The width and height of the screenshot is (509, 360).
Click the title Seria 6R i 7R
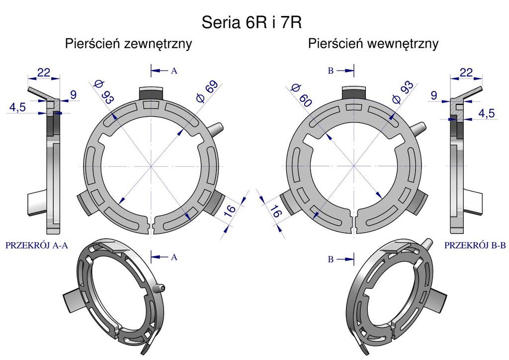(252, 22)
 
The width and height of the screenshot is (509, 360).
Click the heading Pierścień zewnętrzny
(129, 44)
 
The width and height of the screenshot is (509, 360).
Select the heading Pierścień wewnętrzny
(373, 44)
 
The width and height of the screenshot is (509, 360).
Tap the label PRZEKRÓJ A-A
(37, 246)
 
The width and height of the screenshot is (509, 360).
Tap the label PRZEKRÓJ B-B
(475, 246)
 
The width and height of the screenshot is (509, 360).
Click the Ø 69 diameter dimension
(207, 91)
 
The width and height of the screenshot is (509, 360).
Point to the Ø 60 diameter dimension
(301, 95)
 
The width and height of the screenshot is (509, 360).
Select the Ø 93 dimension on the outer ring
(103, 92)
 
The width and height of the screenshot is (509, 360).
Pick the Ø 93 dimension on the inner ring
(403, 92)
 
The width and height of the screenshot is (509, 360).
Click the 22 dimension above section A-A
(44, 73)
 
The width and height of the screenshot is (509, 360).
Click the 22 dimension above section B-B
(466, 73)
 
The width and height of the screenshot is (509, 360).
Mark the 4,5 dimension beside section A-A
(17, 107)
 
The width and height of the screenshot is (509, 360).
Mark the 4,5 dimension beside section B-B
(487, 113)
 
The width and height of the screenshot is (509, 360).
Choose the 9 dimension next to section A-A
(74, 95)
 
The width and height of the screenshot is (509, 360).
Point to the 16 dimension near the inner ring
(276, 211)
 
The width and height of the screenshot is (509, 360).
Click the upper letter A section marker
(174, 71)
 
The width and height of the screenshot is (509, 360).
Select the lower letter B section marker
(331, 259)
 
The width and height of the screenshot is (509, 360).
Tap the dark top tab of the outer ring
(151, 94)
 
